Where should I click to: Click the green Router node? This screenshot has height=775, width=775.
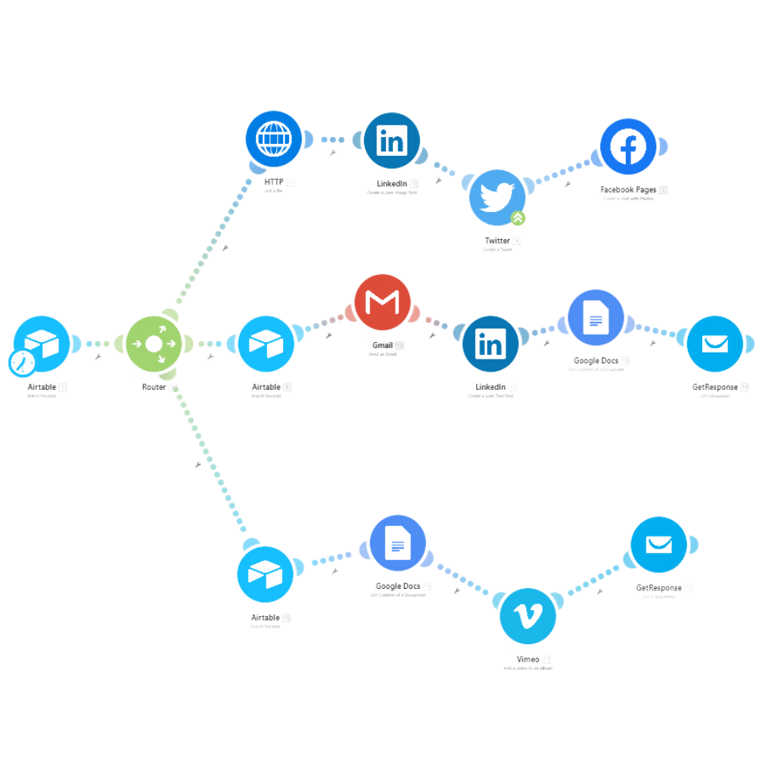tap(153, 344)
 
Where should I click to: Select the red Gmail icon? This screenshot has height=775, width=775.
tap(382, 302)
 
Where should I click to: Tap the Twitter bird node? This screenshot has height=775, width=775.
tap(497, 197)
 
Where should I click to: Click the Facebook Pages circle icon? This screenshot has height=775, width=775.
tap(628, 147)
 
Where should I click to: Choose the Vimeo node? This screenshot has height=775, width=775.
tap(528, 615)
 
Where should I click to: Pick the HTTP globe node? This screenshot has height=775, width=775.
tap(273, 139)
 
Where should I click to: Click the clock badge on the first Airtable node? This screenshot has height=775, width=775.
tap(21, 363)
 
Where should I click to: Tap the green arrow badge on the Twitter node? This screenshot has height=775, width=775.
tap(518, 219)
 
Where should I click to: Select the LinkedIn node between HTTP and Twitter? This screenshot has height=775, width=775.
tap(391, 141)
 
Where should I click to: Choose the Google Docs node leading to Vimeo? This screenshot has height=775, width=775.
tap(398, 542)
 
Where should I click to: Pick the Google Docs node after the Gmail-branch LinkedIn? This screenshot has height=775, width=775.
tap(596, 319)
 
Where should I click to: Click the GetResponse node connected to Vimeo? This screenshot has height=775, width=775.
tap(658, 544)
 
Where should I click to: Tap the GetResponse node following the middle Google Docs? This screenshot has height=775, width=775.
tap(714, 344)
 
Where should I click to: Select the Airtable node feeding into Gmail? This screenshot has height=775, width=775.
tap(266, 344)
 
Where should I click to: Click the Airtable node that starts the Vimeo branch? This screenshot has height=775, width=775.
tap(266, 574)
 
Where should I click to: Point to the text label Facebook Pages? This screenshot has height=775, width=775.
tap(628, 189)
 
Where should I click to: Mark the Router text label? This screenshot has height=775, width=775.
tap(153, 387)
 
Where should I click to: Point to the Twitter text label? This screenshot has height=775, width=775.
tap(497, 241)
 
